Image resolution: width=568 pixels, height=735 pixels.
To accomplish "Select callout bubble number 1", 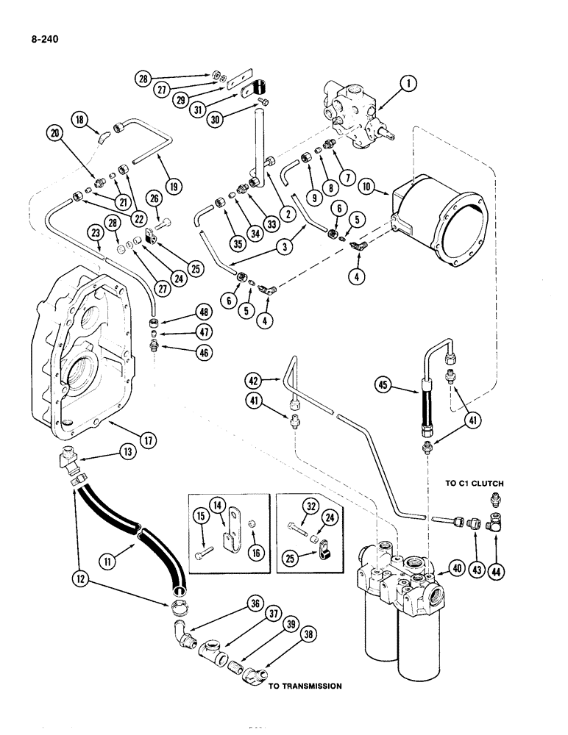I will tap(409, 85).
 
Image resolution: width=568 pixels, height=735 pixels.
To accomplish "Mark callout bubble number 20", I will tap(55, 132).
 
